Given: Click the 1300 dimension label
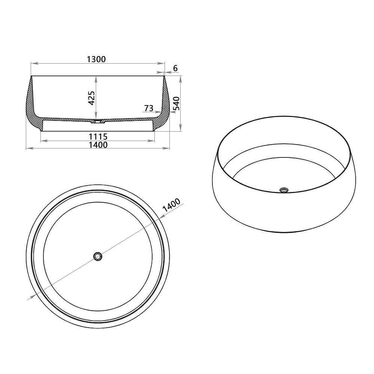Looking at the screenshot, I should coord(97,59).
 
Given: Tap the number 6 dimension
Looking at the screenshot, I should coord(175,68).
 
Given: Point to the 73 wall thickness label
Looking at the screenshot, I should coord(148,108).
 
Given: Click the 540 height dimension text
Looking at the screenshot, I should coord(176,104).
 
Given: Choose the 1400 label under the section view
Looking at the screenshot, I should coord(98,144).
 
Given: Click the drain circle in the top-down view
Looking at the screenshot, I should coord(98,256).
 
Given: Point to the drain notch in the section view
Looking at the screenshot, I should coord(98,121).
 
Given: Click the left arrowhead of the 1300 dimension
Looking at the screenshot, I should coord(33,63).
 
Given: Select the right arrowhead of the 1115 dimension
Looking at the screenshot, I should coord(153,141).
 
